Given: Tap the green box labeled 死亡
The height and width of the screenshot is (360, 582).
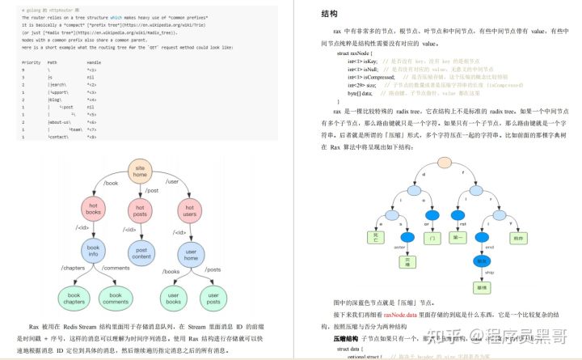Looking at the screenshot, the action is coord(373,239).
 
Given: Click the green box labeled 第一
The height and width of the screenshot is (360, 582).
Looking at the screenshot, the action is coord(461,239).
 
